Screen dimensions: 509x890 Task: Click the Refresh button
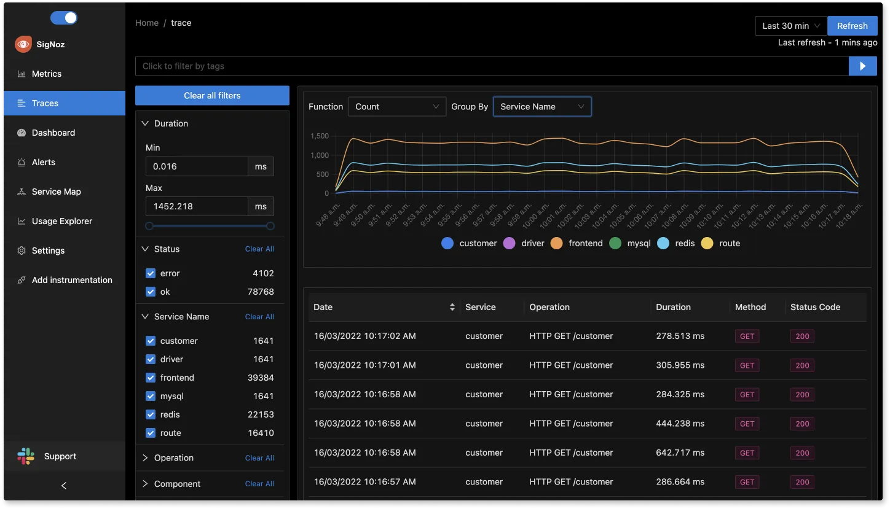(852, 26)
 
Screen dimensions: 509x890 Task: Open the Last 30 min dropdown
(790, 26)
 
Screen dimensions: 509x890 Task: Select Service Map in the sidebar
(56, 192)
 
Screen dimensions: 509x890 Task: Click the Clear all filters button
(212, 95)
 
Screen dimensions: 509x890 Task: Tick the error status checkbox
(151, 273)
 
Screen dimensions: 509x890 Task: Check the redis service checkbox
(151, 414)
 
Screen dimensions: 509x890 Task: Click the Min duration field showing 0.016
(196, 166)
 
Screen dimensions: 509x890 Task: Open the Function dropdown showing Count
(396, 107)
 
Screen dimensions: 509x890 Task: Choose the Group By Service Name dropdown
(541, 107)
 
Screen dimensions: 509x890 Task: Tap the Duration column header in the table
(673, 307)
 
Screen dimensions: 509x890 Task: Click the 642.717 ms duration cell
(680, 453)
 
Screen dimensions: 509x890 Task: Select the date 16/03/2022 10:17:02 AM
(364, 336)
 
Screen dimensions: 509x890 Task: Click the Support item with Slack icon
(60, 456)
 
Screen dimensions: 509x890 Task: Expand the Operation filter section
(173, 458)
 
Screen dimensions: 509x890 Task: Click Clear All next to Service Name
(259, 317)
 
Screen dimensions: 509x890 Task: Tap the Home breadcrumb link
(147, 23)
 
